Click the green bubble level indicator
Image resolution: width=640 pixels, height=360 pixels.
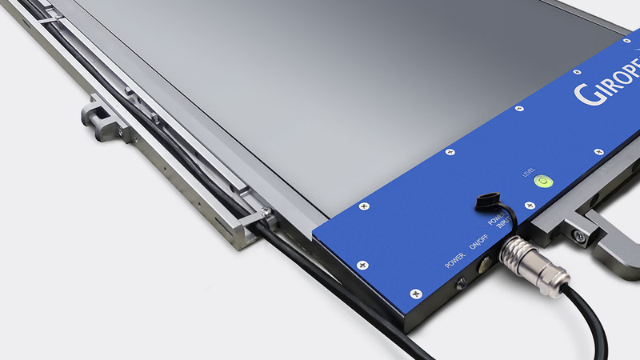click(x=542, y=180)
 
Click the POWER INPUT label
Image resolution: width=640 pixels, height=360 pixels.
click(x=498, y=219)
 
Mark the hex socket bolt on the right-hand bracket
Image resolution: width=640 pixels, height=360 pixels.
click(x=577, y=235)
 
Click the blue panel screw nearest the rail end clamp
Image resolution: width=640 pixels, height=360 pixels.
click(x=364, y=206)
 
